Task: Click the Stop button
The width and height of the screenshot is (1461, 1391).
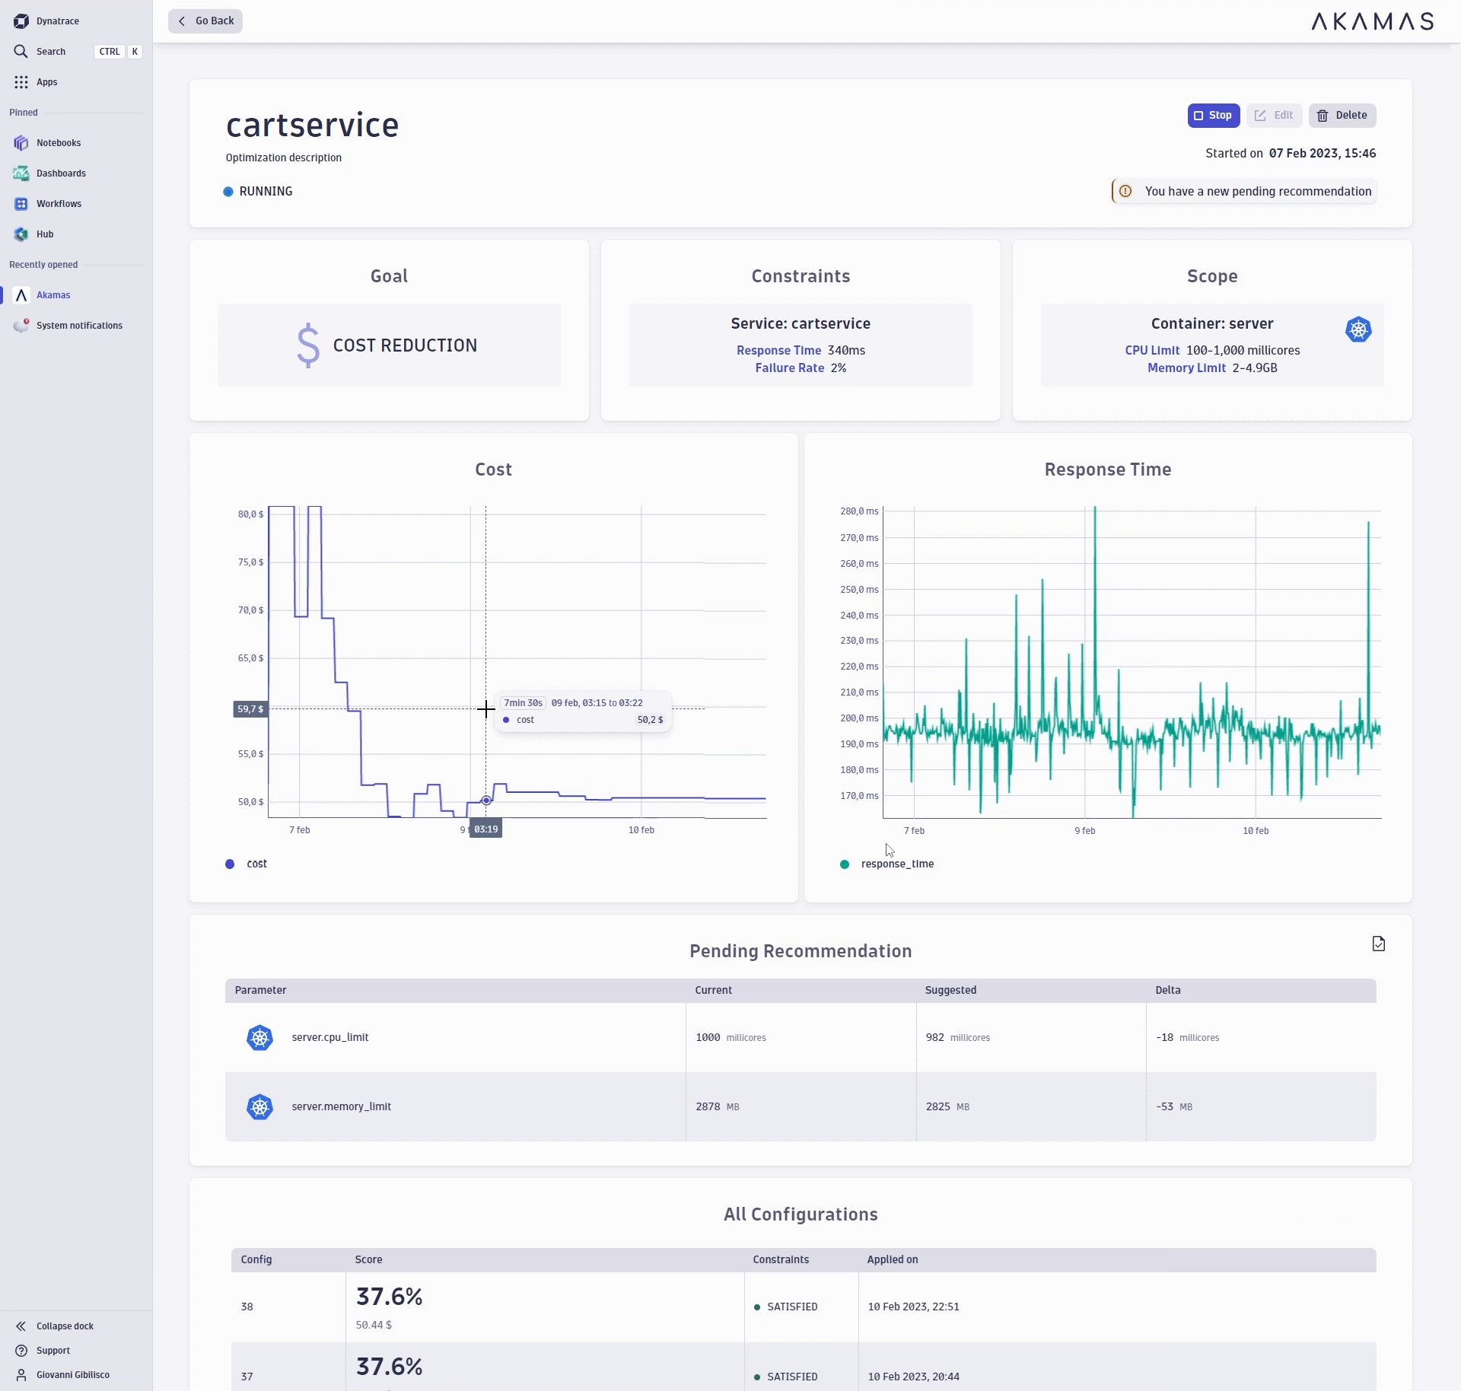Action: tap(1213, 116)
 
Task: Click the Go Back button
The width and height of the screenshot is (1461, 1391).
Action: tap(205, 21)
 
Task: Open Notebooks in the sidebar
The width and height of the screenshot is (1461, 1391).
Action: tap(59, 143)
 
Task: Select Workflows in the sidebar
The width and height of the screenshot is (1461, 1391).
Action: tap(59, 204)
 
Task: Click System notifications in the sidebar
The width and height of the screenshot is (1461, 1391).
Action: tap(79, 326)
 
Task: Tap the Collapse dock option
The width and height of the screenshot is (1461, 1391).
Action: tap(65, 1326)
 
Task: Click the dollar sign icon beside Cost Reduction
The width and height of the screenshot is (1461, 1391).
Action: tap(308, 345)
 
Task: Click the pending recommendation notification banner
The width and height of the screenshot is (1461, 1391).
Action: tap(1245, 192)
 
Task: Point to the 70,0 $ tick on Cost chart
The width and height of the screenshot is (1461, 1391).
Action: tap(250, 610)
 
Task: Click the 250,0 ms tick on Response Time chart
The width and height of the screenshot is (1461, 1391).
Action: tap(859, 590)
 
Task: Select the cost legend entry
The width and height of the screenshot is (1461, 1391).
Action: tap(256, 864)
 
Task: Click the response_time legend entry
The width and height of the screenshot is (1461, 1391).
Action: tap(896, 864)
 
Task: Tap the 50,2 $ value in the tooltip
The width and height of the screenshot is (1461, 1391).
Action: tap(650, 720)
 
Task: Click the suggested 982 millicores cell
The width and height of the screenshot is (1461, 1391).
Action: tap(957, 1038)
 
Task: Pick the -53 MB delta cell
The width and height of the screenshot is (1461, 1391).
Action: tap(1173, 1107)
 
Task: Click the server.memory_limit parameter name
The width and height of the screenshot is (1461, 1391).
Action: tap(341, 1107)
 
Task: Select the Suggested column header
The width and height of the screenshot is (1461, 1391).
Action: tap(950, 991)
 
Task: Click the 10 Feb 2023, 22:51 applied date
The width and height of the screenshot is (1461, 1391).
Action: tap(913, 1307)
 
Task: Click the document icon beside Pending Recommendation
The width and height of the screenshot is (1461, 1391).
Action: tap(1378, 944)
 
